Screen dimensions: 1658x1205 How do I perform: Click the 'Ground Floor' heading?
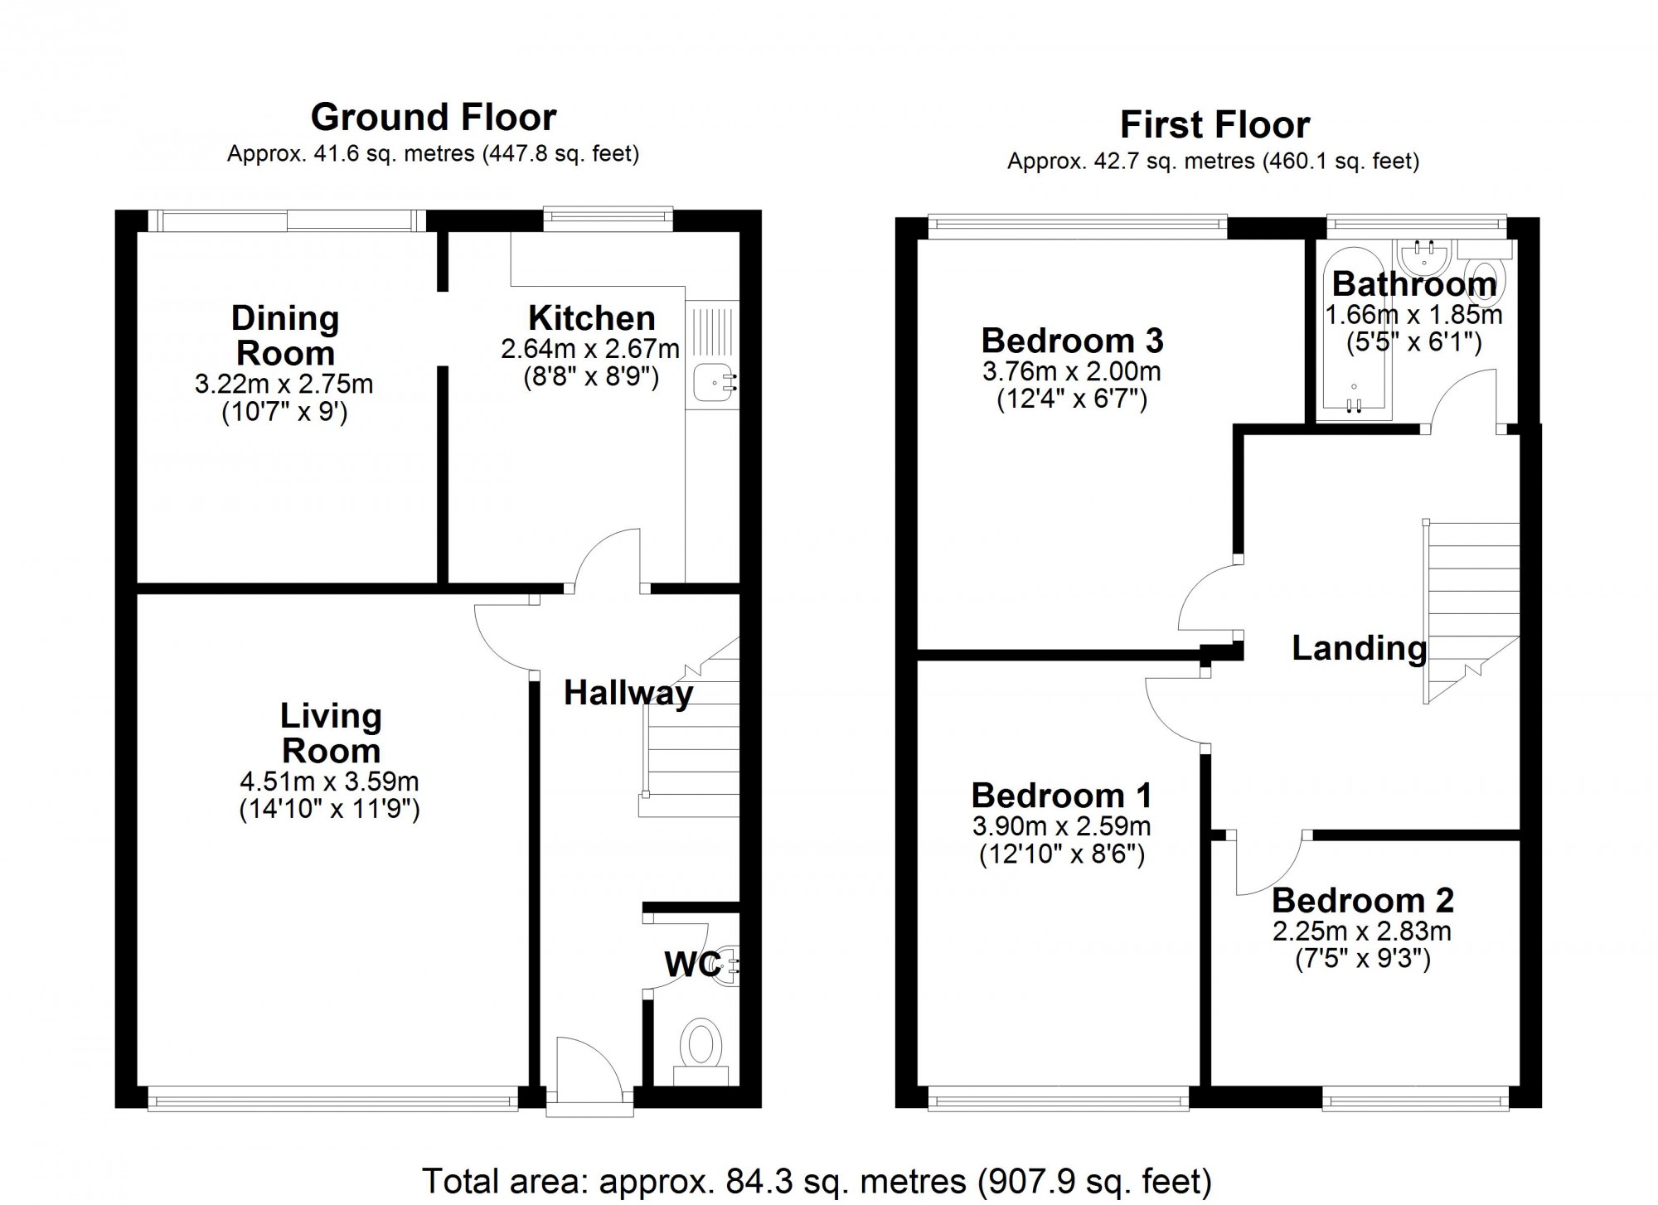pos(434,118)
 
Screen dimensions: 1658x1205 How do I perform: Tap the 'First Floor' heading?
pos(1214,125)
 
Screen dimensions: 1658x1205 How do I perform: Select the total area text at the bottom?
pos(817,1180)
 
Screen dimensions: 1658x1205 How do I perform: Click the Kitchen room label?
pos(591,318)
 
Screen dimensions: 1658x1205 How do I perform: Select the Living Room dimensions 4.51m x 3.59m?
pos(329,782)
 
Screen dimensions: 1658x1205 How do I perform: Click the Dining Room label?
pos(285,336)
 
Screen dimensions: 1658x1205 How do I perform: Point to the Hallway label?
pos(628,694)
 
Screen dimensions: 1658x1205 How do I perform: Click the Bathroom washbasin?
pos(1423,255)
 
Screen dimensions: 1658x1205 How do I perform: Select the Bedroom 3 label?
pos(1072,341)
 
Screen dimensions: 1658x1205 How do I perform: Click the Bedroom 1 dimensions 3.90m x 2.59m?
pos(1061,826)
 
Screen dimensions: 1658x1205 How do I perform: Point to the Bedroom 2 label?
pos(1363,901)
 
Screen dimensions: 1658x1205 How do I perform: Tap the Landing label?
pos(1360,648)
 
